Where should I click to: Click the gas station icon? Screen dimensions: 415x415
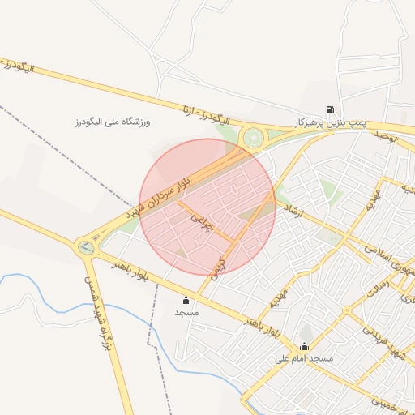(329, 110)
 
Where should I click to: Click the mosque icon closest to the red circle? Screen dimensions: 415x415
(186, 300)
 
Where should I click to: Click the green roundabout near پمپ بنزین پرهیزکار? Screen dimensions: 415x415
(253, 138)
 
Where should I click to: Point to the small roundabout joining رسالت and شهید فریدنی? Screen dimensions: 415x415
(348, 310)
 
